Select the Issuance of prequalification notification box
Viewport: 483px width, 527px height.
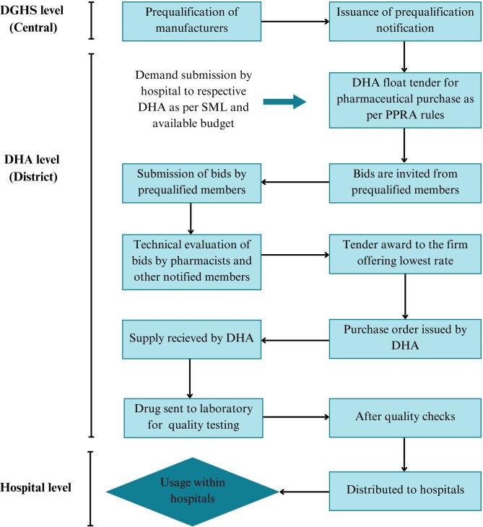tap(405, 21)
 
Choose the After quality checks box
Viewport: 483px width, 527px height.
tap(405, 417)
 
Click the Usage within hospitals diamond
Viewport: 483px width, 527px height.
tap(192, 491)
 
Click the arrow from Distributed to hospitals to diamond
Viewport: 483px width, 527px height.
tap(303, 492)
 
